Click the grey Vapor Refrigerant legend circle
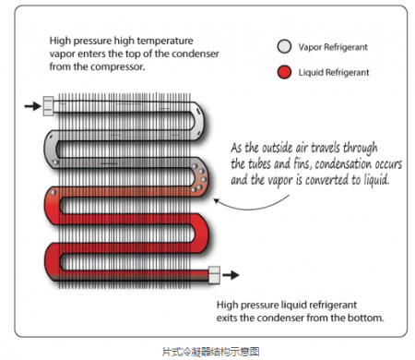(284, 47)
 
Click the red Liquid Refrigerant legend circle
(284, 72)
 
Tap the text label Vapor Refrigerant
(333, 47)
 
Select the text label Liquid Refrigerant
(334, 73)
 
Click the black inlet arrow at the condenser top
(32, 106)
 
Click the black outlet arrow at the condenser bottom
(231, 275)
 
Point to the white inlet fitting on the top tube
(48, 106)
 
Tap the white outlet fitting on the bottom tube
(214, 275)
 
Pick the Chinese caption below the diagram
(211, 352)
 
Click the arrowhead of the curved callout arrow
(216, 200)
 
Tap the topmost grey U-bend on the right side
(200, 121)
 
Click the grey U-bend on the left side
(51, 149)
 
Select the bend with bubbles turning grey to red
(200, 177)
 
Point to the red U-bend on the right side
(200, 234)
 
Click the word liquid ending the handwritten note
(376, 180)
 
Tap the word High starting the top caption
(60, 41)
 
